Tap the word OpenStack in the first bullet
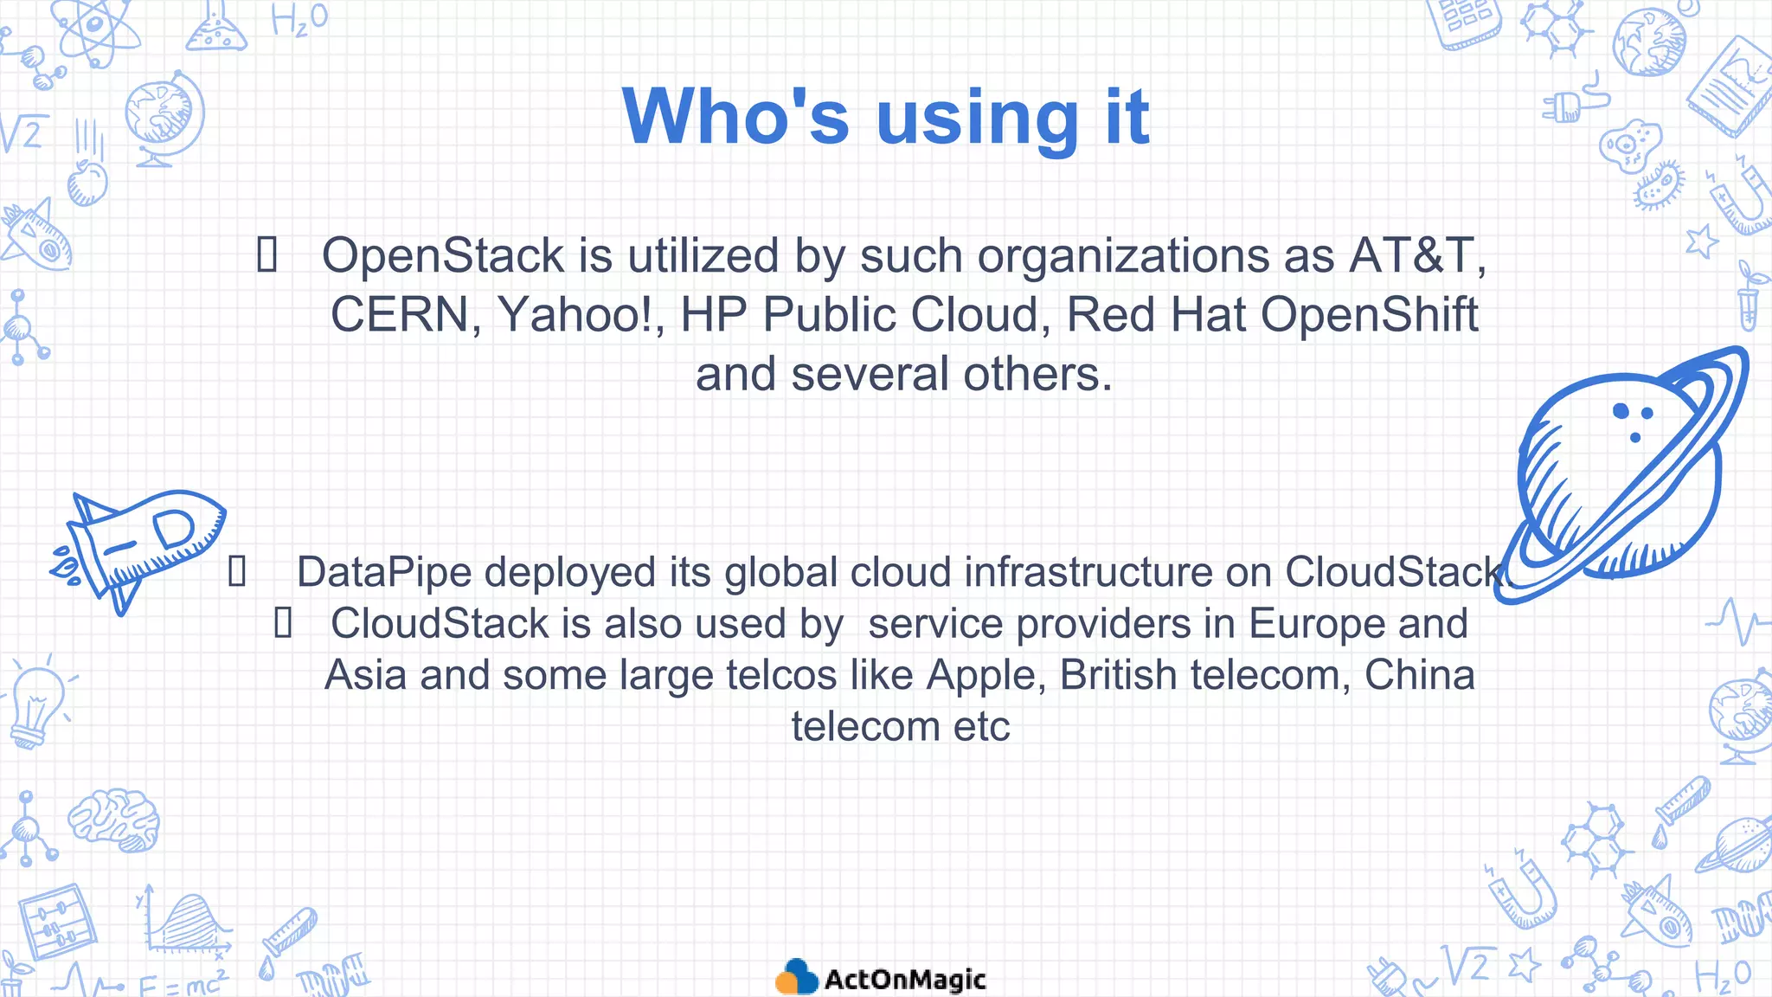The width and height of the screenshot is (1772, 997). (442, 256)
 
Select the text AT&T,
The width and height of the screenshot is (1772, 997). (1416, 256)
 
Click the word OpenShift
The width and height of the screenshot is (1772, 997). (1369, 314)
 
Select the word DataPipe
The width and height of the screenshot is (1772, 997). (383, 572)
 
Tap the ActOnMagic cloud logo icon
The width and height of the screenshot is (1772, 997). (796, 977)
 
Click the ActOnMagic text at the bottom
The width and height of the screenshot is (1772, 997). (904, 980)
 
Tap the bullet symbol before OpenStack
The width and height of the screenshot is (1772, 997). (267, 255)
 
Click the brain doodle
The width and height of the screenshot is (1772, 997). (114, 819)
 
